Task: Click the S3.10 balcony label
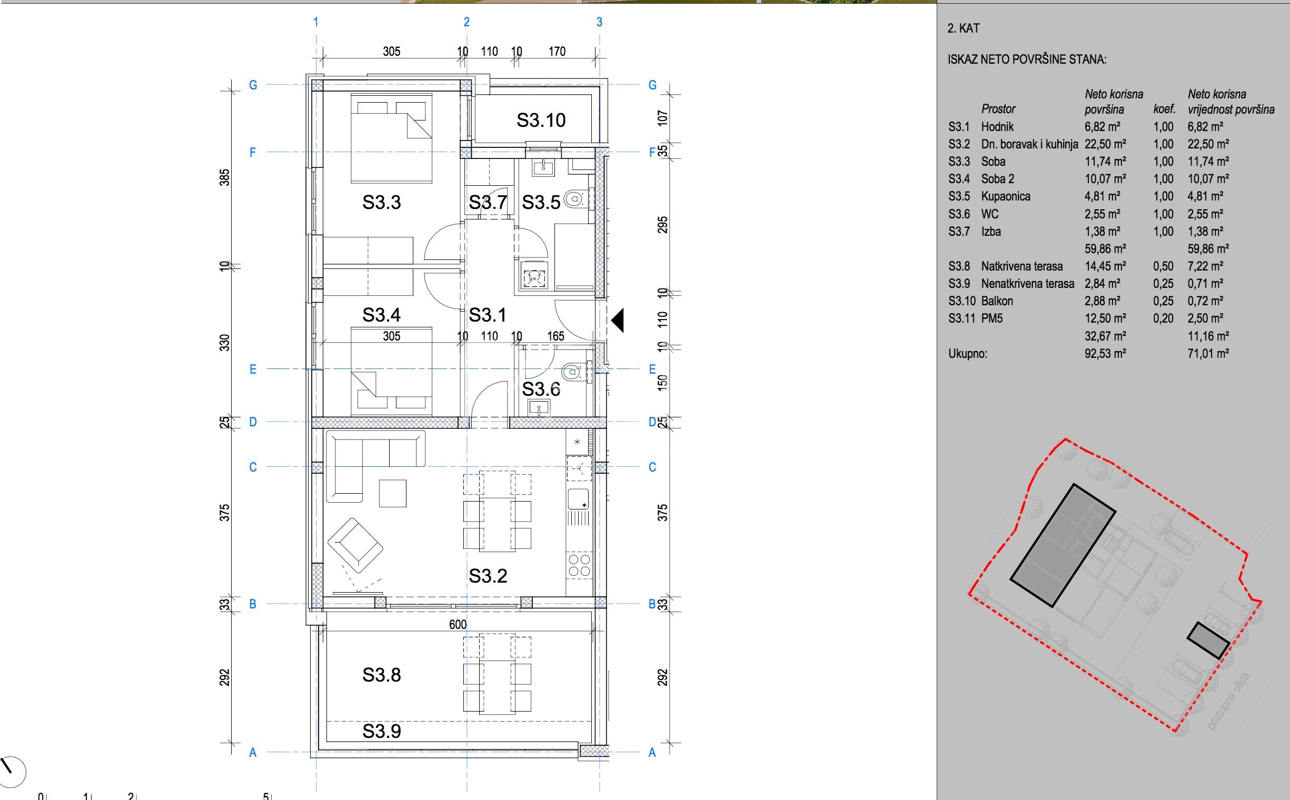pyautogui.click(x=541, y=120)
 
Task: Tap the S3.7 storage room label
pyautogui.click(x=488, y=202)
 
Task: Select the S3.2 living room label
pyautogui.click(x=488, y=576)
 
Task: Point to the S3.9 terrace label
pyautogui.click(x=382, y=731)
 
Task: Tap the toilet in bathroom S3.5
pyautogui.click(x=574, y=199)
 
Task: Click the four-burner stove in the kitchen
pyautogui.click(x=579, y=565)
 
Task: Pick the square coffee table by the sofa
pyautogui.click(x=393, y=493)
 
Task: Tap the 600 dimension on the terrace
pyautogui.click(x=458, y=624)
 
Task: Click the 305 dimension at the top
pyautogui.click(x=392, y=52)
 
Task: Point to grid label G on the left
pyautogui.click(x=253, y=85)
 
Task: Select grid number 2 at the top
pyautogui.click(x=467, y=22)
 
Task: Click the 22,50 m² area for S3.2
pyautogui.click(x=1105, y=144)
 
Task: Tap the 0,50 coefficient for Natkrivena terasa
pyautogui.click(x=1164, y=266)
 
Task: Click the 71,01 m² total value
pyautogui.click(x=1208, y=354)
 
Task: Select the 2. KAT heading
pyautogui.click(x=964, y=28)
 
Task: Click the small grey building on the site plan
pyautogui.click(x=1208, y=640)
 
